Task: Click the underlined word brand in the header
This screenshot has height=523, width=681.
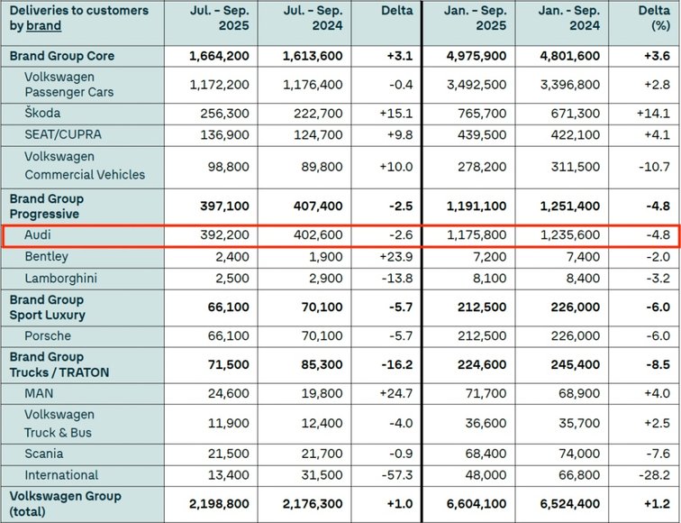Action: (x=44, y=26)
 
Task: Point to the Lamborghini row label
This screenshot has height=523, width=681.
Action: (x=60, y=278)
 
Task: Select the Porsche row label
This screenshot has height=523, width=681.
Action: (x=48, y=336)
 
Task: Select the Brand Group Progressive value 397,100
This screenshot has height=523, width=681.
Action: (x=223, y=206)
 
